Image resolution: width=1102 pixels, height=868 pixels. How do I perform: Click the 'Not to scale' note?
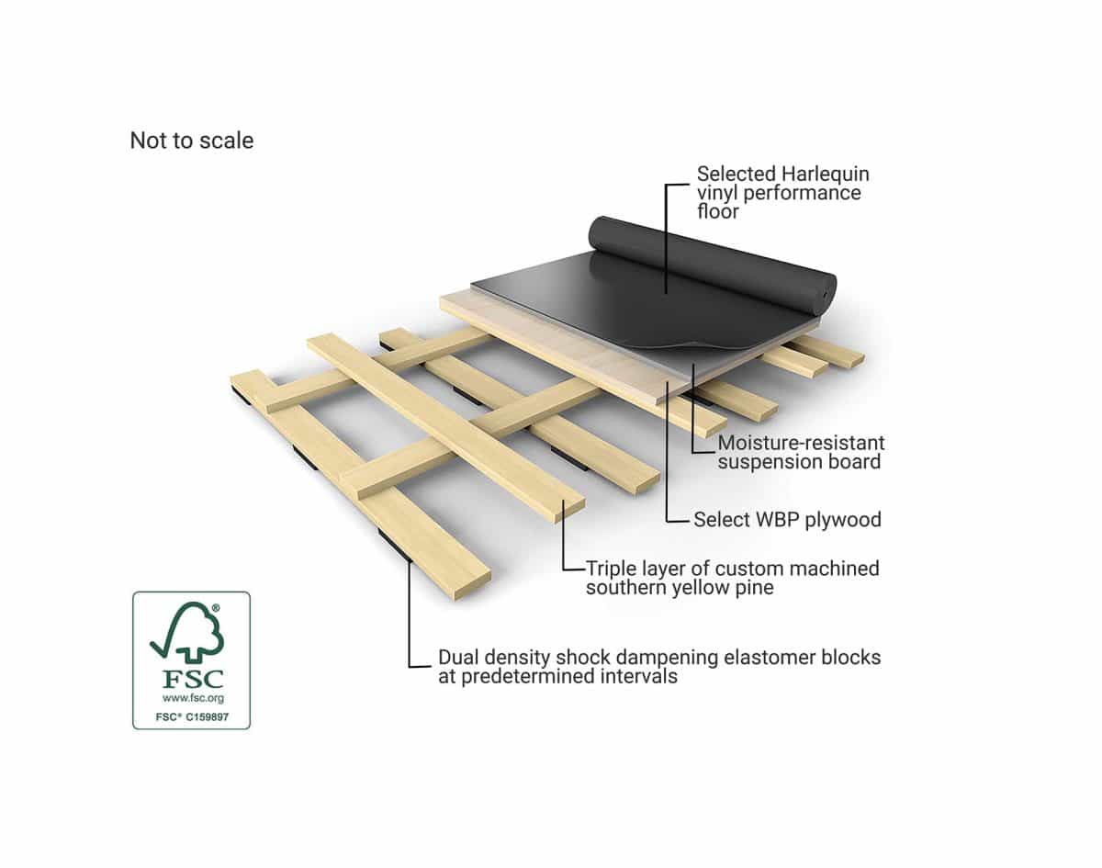192,141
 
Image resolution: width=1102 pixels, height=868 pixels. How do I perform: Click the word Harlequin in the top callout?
826,175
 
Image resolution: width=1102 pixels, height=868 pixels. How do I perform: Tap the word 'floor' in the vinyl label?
717,211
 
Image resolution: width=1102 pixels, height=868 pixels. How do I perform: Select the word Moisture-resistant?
801,443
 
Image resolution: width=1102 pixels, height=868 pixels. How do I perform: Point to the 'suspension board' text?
799,462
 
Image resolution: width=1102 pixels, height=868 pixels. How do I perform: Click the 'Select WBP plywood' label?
788,520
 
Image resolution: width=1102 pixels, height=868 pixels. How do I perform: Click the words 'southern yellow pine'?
680,588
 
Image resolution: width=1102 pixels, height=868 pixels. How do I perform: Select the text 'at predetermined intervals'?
557,676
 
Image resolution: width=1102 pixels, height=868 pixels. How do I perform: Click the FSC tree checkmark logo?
187,631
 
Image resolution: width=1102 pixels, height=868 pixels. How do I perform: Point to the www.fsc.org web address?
193,698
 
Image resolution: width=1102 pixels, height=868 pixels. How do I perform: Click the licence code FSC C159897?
192,717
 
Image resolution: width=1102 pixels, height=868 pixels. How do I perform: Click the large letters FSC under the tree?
193,679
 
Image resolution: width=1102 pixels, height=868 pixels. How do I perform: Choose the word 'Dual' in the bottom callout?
458,658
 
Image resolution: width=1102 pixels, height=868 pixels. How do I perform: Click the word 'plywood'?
843,520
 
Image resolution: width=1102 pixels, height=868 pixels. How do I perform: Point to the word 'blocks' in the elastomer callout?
851,658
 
